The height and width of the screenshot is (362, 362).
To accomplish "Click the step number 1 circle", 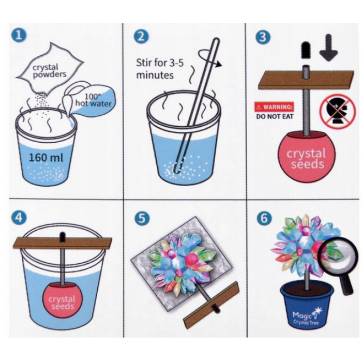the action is (x=19, y=35).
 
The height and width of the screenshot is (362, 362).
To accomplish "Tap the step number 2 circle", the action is (x=141, y=37).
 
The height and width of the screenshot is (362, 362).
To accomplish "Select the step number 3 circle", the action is (x=263, y=37).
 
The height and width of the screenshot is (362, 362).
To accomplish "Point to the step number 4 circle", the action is (x=19, y=218).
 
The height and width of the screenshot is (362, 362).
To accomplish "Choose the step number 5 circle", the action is (x=142, y=218).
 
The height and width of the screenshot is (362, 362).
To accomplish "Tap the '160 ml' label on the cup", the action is (x=46, y=158).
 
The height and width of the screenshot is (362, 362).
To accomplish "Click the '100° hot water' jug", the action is (x=90, y=99).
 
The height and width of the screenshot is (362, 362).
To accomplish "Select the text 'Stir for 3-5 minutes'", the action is (x=160, y=69).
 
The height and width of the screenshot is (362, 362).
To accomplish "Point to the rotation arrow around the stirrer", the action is (x=209, y=59).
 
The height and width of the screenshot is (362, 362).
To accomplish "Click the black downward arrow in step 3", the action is (x=329, y=48).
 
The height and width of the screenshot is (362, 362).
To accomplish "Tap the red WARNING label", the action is (x=274, y=107).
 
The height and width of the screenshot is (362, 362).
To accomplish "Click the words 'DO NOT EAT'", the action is (x=275, y=116).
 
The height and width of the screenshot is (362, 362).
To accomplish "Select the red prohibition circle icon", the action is (x=337, y=111).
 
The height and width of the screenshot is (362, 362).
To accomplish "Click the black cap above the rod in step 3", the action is (x=306, y=50).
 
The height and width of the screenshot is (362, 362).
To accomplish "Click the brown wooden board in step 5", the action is (x=211, y=305).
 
